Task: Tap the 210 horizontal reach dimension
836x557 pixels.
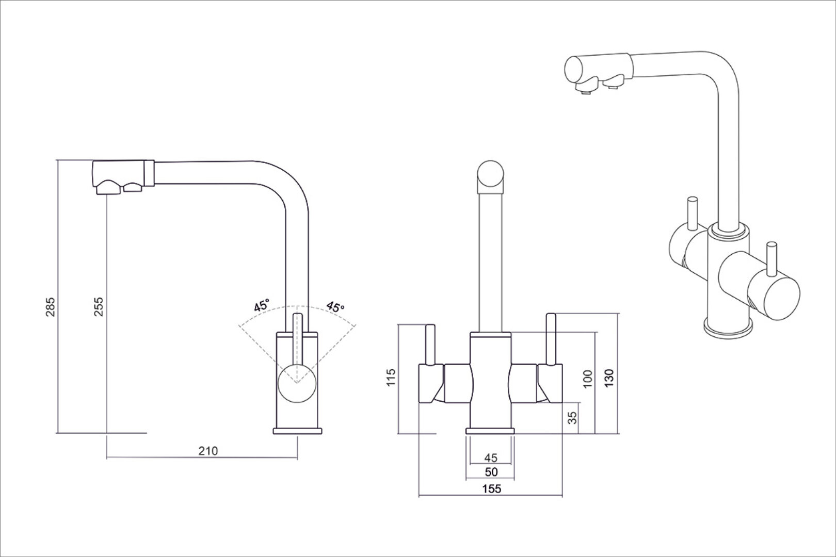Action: pyautogui.click(x=208, y=451)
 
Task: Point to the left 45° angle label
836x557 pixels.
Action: pyautogui.click(x=262, y=305)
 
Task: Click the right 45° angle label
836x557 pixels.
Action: pyautogui.click(x=335, y=307)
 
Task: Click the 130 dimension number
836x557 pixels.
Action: pyautogui.click(x=609, y=379)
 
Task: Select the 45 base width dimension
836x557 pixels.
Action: pyautogui.click(x=491, y=457)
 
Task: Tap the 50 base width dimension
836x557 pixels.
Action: pyautogui.click(x=491, y=472)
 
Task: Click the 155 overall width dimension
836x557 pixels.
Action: pyautogui.click(x=491, y=489)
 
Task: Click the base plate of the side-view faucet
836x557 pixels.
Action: pyautogui.click(x=297, y=431)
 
